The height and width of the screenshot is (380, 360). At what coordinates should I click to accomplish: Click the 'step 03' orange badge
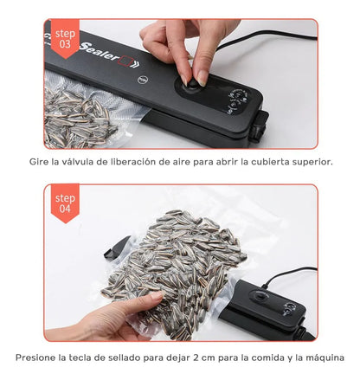pos(65,38)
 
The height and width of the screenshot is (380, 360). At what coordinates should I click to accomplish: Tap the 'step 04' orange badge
pos(65,203)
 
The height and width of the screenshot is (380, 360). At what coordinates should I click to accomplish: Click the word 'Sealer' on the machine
pos(99,52)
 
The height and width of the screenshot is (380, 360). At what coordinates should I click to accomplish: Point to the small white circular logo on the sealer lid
pos(143,80)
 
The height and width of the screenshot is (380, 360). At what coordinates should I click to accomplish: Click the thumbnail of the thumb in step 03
pos(202,78)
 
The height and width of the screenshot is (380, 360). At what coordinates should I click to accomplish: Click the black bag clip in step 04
pos(117,247)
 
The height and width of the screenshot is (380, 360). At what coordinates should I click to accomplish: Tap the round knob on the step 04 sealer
pos(260,297)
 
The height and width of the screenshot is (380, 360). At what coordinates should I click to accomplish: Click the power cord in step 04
pos(288,274)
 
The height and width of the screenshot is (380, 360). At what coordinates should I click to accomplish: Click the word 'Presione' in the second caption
pos(35,357)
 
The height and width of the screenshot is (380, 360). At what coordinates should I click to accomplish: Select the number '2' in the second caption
pos(196,357)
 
